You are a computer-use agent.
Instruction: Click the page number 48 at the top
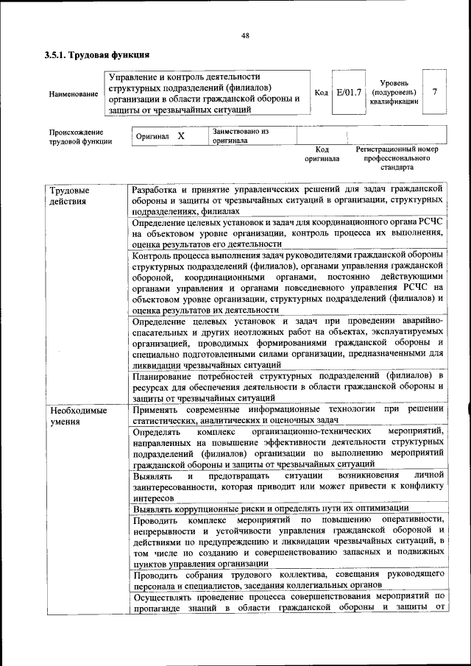245,35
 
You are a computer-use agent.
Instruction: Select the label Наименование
73,94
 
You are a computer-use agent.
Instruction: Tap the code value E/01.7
348,93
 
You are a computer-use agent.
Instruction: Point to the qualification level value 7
435,92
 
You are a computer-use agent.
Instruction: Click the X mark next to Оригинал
180,136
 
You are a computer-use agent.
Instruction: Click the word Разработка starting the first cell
155,189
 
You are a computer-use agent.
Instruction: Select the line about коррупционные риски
270,508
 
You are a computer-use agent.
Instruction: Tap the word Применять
155,409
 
